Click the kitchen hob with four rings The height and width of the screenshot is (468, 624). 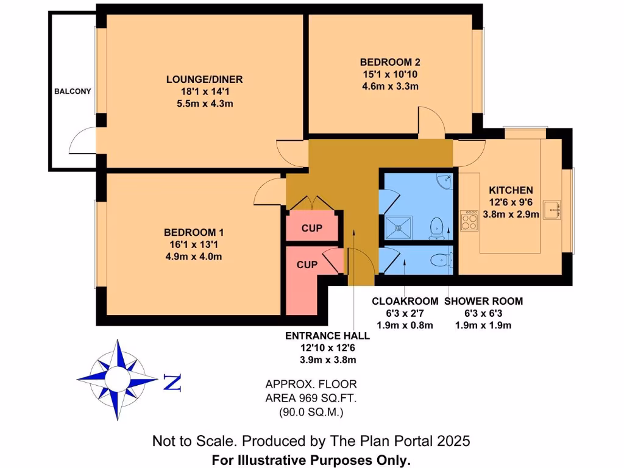470,220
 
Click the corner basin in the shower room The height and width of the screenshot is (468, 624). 447,180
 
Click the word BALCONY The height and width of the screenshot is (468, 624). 73,91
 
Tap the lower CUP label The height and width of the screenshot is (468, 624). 307,264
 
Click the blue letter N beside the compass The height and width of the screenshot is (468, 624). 172,383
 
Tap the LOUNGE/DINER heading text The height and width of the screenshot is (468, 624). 205,79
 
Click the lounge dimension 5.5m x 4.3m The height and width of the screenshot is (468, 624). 205,104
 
